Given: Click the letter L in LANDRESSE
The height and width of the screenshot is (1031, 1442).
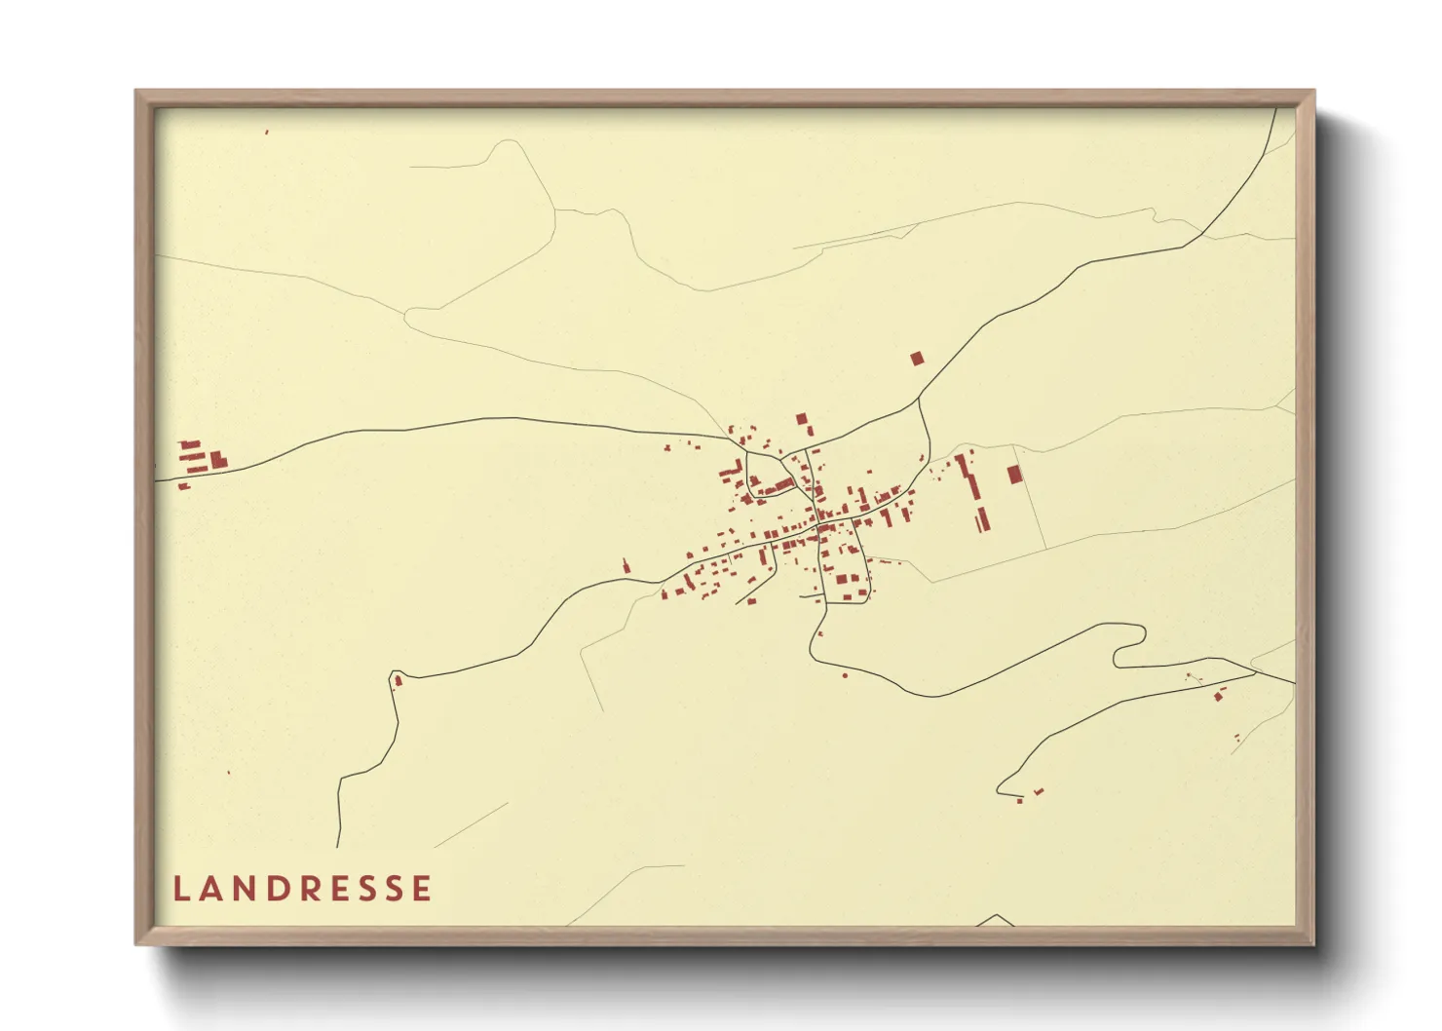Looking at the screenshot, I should (x=181, y=889).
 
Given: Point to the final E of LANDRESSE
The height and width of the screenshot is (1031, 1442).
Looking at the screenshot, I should (x=422, y=889).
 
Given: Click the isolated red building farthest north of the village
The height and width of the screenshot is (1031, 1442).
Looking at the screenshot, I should (x=916, y=359).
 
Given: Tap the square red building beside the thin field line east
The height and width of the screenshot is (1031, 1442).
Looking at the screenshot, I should (x=1014, y=475).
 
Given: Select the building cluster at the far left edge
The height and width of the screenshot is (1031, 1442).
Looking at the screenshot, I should (x=200, y=459).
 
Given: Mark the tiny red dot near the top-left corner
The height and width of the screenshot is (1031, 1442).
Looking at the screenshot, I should (x=266, y=132).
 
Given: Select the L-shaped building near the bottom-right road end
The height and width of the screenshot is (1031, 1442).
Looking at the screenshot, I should (x=1039, y=790).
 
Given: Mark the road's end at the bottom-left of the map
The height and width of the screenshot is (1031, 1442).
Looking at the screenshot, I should (x=338, y=845).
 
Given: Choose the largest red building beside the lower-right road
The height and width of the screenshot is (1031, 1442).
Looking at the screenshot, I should (x=1218, y=696).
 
